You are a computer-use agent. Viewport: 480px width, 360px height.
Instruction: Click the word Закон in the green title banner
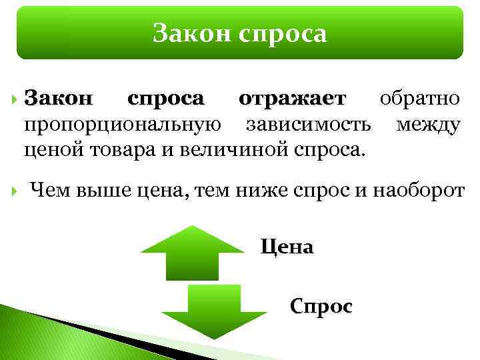pos(186,33)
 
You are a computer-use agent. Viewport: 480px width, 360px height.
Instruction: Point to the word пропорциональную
pos(119,125)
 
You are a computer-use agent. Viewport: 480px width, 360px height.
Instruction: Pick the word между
pos(427,125)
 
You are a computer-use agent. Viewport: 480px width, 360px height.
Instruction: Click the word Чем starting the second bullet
pos(51,192)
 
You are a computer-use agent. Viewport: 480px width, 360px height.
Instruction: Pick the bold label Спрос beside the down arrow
pos(321,307)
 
